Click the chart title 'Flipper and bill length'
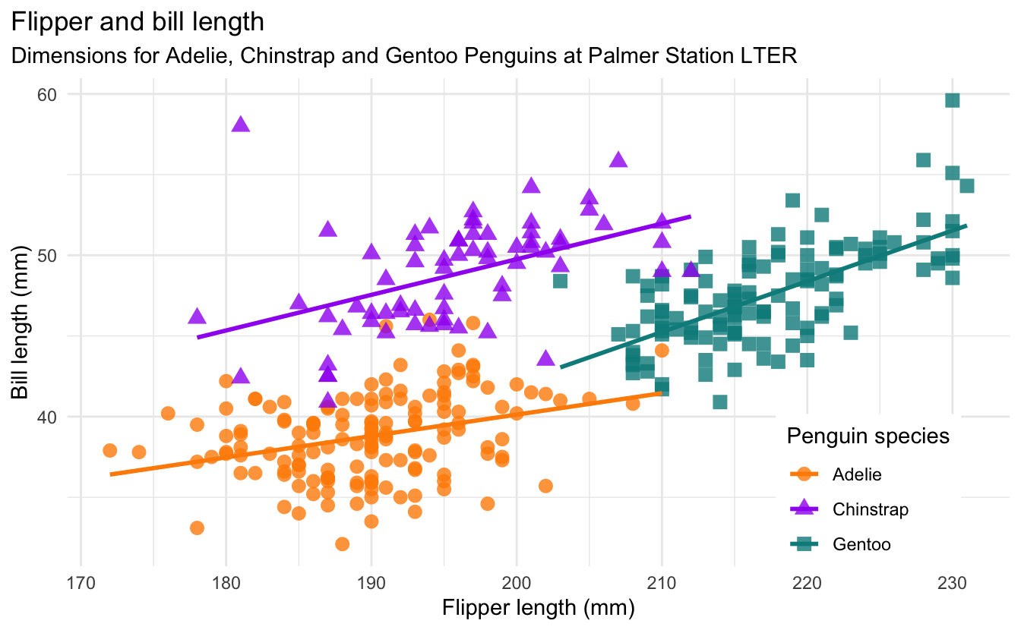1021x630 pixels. click(x=138, y=22)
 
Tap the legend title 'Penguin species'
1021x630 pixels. click(x=868, y=436)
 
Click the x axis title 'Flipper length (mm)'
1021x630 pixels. click(x=538, y=608)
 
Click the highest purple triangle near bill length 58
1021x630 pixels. click(x=241, y=124)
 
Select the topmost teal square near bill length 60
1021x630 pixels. click(x=952, y=100)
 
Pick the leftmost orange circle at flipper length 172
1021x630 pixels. click(x=109, y=451)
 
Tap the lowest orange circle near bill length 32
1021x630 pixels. click(x=342, y=543)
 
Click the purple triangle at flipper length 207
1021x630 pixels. click(x=618, y=160)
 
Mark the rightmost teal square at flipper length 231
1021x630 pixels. click(x=966, y=186)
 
